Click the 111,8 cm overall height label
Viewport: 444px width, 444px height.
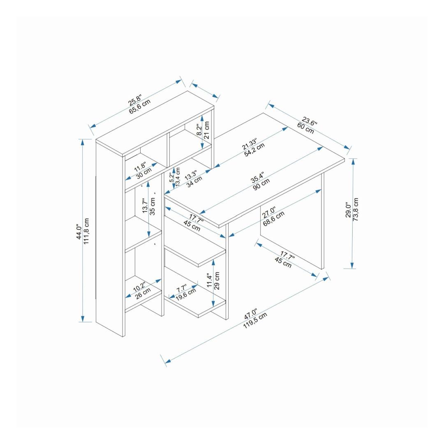click(x=86, y=231)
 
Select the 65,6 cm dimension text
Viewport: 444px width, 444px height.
click(x=140, y=107)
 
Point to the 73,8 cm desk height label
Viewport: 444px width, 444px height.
click(x=356, y=210)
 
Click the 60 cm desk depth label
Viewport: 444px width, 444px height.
click(x=305, y=128)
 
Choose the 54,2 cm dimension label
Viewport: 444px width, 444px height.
click(x=254, y=150)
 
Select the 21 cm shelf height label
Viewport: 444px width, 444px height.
click(x=207, y=130)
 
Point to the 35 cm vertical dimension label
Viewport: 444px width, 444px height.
click(x=153, y=206)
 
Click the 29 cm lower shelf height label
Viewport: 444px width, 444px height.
click(x=217, y=281)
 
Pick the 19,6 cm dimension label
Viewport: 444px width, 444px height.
click(x=186, y=294)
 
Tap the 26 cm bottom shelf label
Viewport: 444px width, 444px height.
click(x=143, y=294)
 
